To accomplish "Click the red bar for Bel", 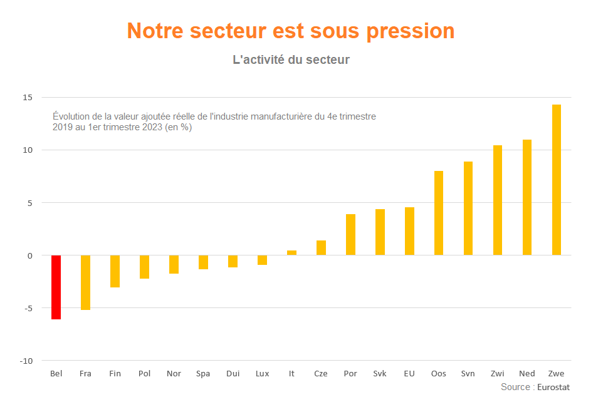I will [x=56, y=287].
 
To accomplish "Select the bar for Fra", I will [x=85, y=282].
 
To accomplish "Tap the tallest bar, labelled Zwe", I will [x=557, y=180].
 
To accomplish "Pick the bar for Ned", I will [x=527, y=197].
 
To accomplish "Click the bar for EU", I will [x=409, y=231].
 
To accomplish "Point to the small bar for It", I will [x=291, y=253].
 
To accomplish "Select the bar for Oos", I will [x=439, y=213].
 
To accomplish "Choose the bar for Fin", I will [x=115, y=271].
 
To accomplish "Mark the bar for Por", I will [x=350, y=234].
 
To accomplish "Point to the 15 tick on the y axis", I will [x=28, y=98].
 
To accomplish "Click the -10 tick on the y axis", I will [x=26, y=361].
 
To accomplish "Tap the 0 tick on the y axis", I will [x=29, y=255].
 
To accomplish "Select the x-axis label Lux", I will [x=262, y=374].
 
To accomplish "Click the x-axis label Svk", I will [x=380, y=374].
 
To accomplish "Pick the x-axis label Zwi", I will [x=498, y=374].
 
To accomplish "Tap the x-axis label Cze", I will [x=321, y=374].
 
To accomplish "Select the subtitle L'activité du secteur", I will [x=291, y=60].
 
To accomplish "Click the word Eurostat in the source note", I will [x=553, y=388].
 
